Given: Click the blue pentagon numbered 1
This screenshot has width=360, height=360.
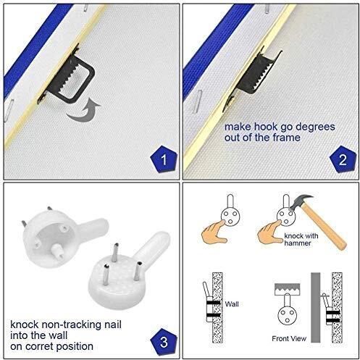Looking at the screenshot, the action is pos(164,159).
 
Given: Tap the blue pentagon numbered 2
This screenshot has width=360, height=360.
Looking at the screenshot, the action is pos(343,159).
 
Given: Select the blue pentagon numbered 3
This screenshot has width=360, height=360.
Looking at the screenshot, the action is pos(164,342).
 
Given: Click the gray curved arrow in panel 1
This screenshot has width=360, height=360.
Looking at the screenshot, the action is pos(83,111).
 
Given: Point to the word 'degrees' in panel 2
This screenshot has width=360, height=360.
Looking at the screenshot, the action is pos(315,127).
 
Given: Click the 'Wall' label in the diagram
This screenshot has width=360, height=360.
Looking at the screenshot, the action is pos(232,304).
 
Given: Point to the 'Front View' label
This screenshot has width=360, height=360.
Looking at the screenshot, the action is pos(289,339).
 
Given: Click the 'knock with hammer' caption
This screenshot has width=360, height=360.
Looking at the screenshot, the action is pos(301,240).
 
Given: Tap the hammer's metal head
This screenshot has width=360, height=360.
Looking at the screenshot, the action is pos(301,202).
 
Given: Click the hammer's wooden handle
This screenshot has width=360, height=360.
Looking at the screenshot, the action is pos(325,227).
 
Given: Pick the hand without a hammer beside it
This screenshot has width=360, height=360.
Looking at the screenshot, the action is pos(214,231).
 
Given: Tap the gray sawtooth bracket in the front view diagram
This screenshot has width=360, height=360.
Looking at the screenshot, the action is pos(288,289).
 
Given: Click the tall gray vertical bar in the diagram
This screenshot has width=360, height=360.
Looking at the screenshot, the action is pos(315,307).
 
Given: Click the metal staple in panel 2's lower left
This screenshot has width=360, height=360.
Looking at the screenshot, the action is pos(197,101).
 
